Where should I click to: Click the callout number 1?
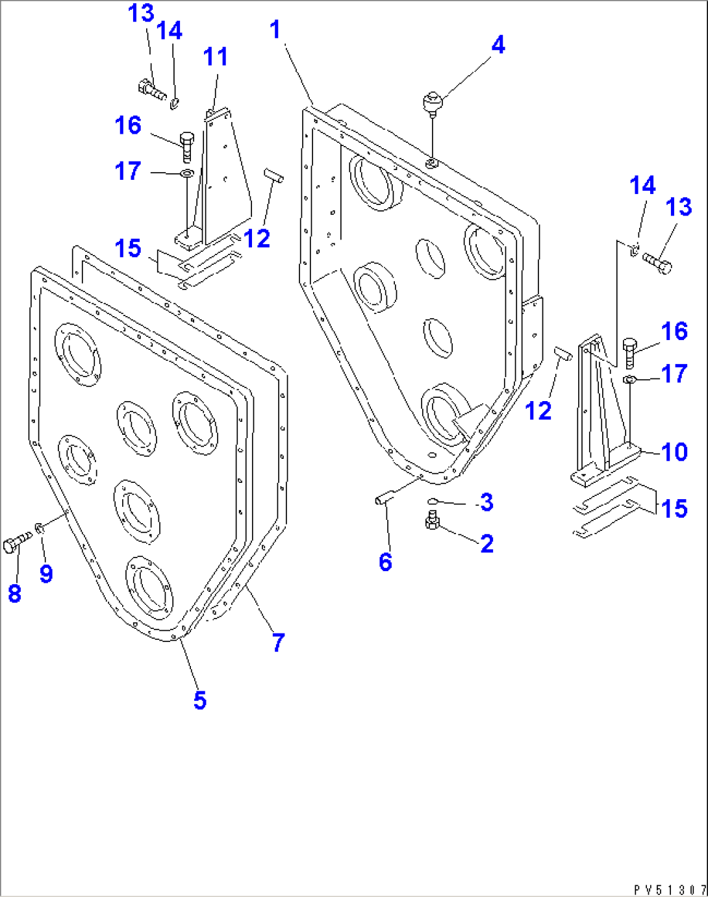(x=275, y=30)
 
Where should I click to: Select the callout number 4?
(x=498, y=45)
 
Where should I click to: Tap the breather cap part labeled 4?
(x=431, y=103)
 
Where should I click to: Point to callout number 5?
(x=200, y=700)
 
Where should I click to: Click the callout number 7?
(x=278, y=643)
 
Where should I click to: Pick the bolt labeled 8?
(x=16, y=543)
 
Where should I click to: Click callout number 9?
(x=45, y=573)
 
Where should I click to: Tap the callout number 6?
(x=385, y=562)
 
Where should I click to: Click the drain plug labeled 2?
(x=433, y=521)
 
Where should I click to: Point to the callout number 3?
(x=487, y=502)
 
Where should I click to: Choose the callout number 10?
(x=674, y=452)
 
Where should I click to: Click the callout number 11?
(x=216, y=57)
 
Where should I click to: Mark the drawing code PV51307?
(x=670, y=889)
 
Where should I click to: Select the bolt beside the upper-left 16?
(x=186, y=146)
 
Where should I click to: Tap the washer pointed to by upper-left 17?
(x=186, y=173)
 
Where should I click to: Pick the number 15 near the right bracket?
(x=674, y=508)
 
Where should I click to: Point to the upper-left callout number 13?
(x=141, y=13)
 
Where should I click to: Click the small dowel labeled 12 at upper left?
(x=273, y=176)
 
